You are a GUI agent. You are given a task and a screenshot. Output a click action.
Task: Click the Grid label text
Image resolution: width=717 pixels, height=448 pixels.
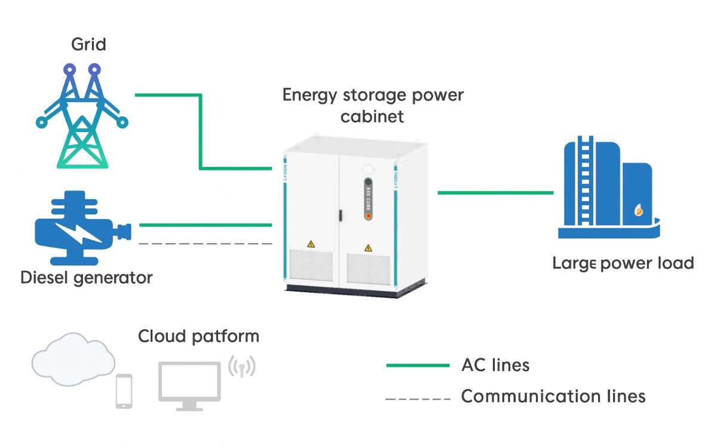[x=88, y=44]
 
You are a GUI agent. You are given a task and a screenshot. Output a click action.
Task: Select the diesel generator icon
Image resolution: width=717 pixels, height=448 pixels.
[x=82, y=228]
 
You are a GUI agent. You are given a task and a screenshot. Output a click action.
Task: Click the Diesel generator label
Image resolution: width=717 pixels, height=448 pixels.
[x=87, y=278]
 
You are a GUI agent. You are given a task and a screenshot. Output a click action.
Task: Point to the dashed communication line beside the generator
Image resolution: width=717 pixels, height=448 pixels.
[x=206, y=244]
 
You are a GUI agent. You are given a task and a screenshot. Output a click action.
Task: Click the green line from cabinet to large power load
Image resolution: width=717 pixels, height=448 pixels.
[x=495, y=192]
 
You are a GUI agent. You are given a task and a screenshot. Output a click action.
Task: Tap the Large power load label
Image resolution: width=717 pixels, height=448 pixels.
[x=623, y=263]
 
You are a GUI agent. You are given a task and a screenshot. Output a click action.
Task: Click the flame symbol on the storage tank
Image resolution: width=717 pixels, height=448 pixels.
[x=639, y=210]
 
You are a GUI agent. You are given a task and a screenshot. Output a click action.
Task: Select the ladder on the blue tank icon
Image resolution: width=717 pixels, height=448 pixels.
[x=585, y=181]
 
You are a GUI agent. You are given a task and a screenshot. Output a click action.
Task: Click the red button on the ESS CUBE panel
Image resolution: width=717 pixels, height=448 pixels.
[x=368, y=216]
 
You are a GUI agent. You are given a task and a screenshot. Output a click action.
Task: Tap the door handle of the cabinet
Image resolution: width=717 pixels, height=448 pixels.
[x=341, y=215]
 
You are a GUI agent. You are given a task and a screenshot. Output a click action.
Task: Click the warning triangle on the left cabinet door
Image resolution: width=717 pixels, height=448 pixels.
[x=311, y=244]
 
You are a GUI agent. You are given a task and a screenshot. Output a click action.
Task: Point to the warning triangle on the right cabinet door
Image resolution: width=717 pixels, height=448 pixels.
[x=368, y=248]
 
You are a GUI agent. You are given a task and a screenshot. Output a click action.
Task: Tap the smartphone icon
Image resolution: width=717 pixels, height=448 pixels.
[x=124, y=391]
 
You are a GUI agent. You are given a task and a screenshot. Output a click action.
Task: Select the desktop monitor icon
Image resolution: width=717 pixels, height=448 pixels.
[x=189, y=386]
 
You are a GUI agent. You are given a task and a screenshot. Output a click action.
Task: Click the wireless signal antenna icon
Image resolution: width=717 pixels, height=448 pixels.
[x=242, y=366]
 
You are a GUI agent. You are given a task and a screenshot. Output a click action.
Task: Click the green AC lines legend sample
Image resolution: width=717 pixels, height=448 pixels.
[x=418, y=366]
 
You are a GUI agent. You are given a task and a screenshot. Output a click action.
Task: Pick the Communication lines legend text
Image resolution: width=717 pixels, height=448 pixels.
[x=553, y=396]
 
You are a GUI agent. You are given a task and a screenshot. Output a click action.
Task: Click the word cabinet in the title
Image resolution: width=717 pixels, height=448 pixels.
[x=372, y=116]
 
